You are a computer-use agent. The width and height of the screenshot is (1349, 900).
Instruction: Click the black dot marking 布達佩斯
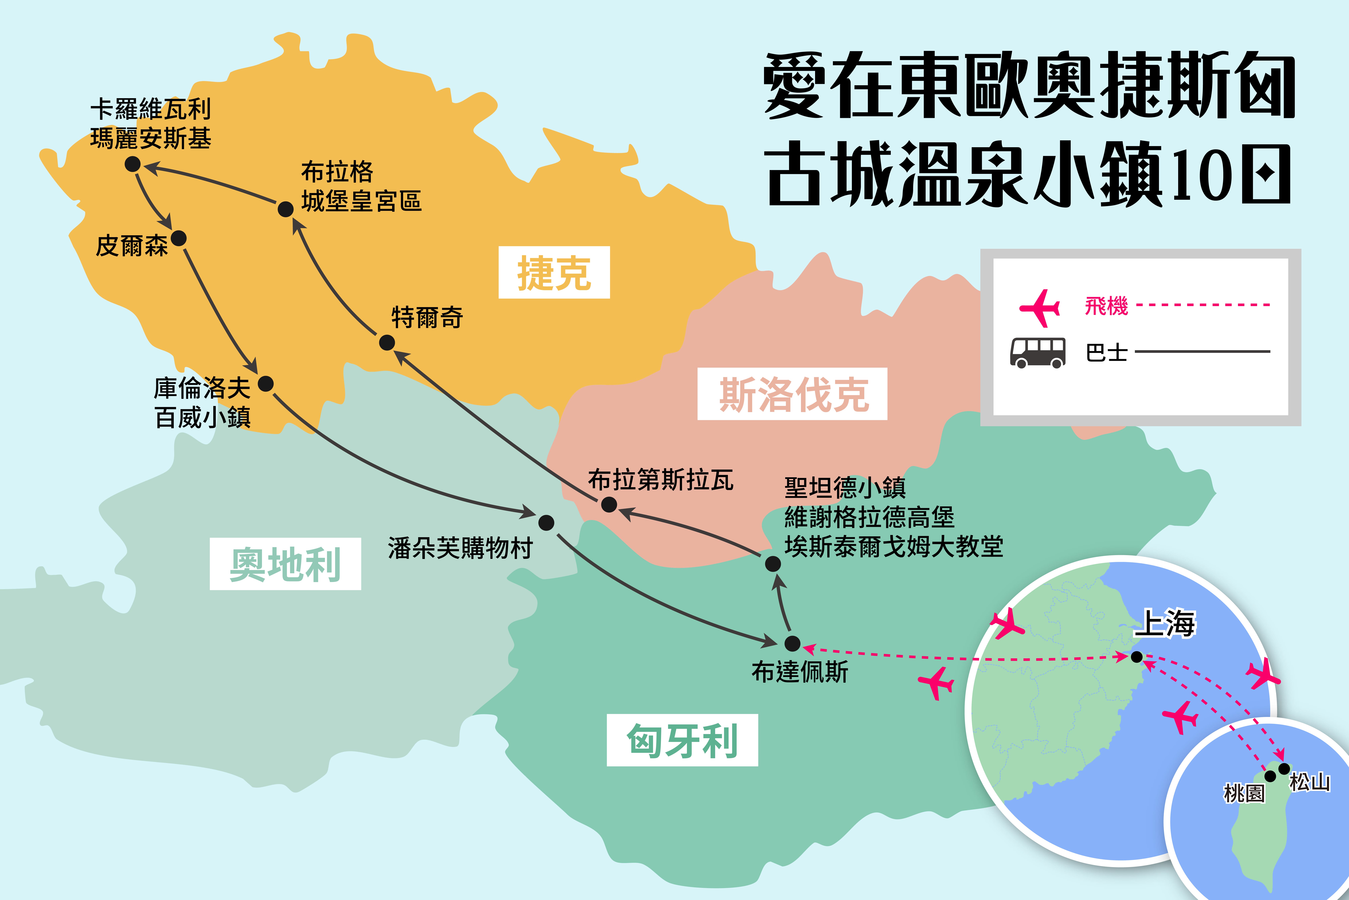tap(792, 643)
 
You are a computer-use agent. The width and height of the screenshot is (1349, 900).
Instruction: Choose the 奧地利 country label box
tap(285, 564)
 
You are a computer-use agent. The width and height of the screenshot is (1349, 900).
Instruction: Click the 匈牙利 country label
tap(682, 740)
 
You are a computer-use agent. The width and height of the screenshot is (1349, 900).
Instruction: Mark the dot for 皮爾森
tap(179, 238)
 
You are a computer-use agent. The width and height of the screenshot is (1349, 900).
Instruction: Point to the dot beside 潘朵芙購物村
tap(546, 522)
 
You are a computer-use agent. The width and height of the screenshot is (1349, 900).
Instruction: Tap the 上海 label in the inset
tap(1164, 623)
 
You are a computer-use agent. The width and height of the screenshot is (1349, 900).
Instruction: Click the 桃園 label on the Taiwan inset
tap(1244, 793)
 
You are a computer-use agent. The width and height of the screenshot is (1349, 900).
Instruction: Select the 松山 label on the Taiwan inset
tap(1310, 782)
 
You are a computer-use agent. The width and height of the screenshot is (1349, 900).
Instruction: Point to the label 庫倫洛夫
tap(202, 389)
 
